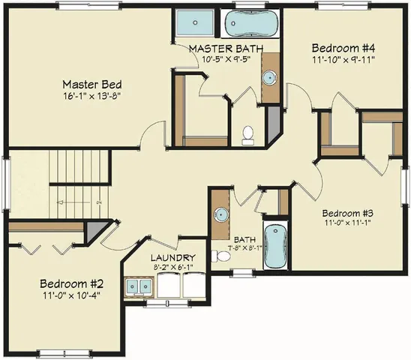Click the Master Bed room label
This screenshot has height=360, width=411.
coord(92,85)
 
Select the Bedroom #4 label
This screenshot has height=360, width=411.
coord(342,49)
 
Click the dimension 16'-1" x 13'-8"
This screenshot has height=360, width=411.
coord(92,96)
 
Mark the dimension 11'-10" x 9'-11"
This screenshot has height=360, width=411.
coord(342,60)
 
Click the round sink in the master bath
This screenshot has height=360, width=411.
coord(269,77)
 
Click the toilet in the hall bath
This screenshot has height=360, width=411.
coord(221,256)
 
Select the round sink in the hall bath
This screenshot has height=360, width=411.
coord(220,214)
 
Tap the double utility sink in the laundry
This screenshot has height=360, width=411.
coord(139,286)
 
